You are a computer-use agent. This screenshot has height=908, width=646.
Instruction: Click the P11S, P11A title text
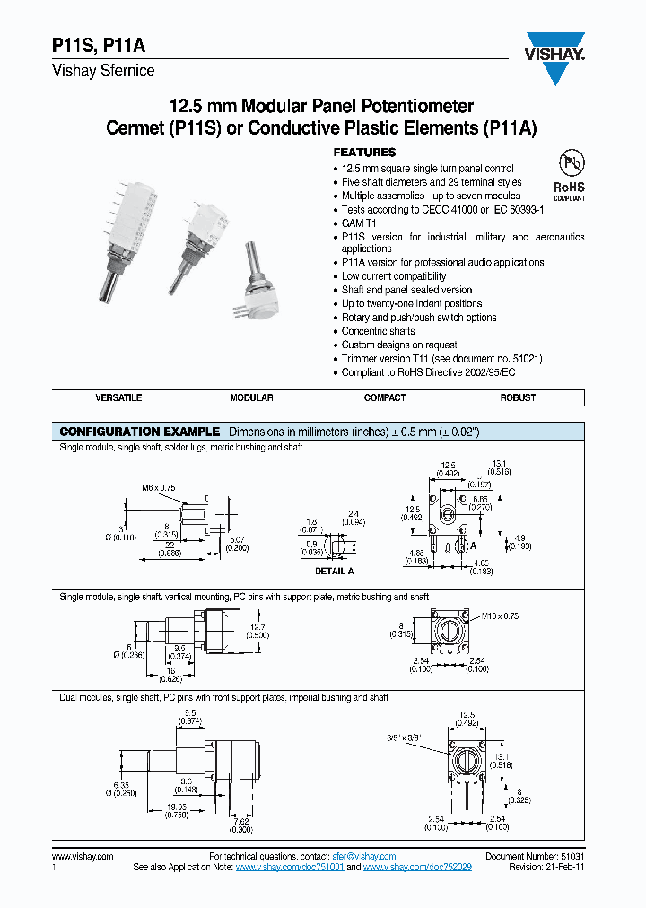click(x=92, y=50)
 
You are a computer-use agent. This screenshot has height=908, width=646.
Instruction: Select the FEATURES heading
click(x=364, y=153)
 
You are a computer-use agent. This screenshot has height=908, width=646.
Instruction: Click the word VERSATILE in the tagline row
click(x=118, y=397)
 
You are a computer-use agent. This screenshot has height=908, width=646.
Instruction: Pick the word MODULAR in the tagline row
click(x=251, y=397)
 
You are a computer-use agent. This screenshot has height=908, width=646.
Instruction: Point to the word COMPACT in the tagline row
click(x=385, y=397)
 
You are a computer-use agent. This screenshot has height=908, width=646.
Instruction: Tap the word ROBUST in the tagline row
click(x=518, y=397)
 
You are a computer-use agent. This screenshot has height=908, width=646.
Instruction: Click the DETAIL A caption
click(x=335, y=571)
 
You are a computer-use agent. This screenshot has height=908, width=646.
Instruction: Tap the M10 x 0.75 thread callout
click(x=499, y=616)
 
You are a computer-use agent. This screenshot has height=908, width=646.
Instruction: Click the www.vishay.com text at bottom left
click(x=83, y=857)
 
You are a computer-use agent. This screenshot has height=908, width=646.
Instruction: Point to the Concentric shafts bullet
click(x=378, y=331)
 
